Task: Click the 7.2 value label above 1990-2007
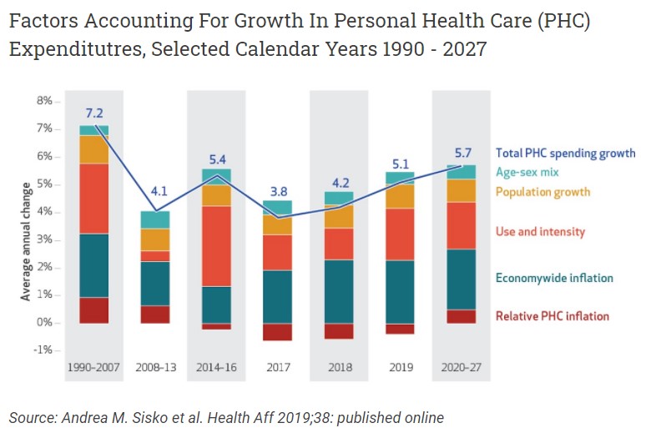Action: (x=93, y=113)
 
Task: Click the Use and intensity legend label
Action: (x=540, y=232)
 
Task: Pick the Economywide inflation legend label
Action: (x=554, y=278)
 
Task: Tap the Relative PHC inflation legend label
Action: (x=552, y=316)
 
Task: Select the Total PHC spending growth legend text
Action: (x=565, y=153)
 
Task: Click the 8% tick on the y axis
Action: (x=44, y=101)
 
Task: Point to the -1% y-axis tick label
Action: (x=43, y=350)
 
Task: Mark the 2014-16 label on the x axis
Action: (x=216, y=367)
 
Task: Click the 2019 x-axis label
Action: (x=400, y=367)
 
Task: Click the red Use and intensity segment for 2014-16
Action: (x=216, y=246)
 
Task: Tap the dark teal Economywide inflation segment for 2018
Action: (x=338, y=291)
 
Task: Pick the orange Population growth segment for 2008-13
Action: (x=155, y=239)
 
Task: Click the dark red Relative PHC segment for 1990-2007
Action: (x=93, y=310)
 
